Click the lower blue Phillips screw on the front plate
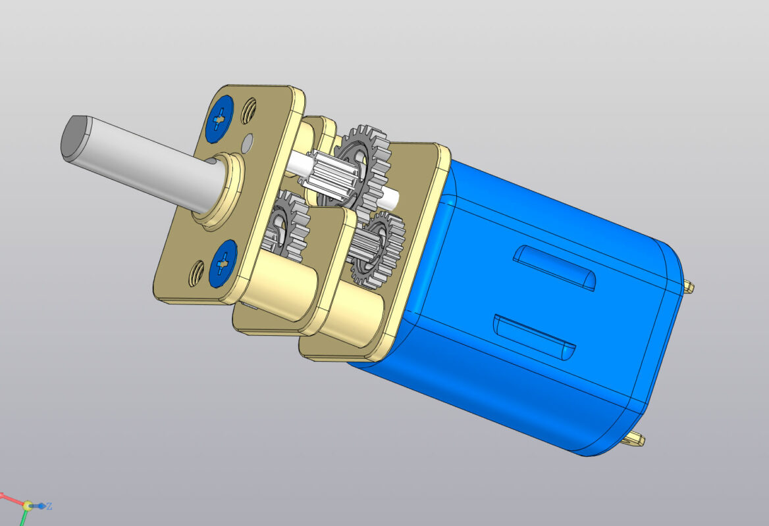223,263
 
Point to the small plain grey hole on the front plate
248,140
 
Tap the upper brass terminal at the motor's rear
689,286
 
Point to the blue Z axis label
49,506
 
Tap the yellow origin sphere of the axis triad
28,506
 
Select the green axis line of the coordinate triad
23,519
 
